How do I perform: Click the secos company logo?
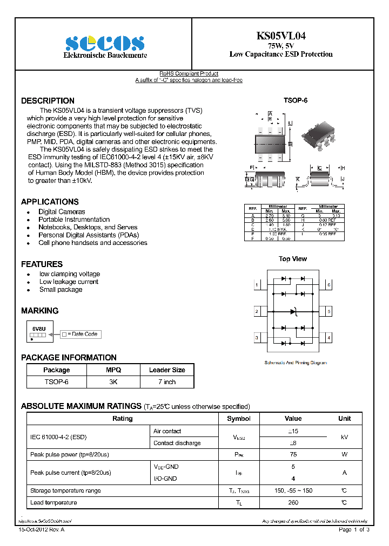click(x=105, y=43)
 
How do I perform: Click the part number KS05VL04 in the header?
click(x=280, y=36)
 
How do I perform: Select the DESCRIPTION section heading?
click(x=48, y=101)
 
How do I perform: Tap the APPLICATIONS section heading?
click(x=50, y=202)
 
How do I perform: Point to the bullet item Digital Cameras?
click(x=62, y=212)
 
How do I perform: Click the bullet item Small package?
click(x=61, y=290)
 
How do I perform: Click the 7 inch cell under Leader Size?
click(x=166, y=382)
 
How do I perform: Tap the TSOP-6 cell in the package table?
click(x=56, y=382)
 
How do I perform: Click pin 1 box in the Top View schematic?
click(x=257, y=284)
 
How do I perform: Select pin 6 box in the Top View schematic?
click(x=328, y=284)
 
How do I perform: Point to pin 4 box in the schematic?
click(x=328, y=338)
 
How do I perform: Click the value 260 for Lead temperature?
click(x=293, y=503)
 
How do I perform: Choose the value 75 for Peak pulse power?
click(x=293, y=455)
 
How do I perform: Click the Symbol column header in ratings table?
click(x=239, y=419)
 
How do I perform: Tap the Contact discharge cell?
click(x=177, y=443)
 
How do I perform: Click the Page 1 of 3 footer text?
click(x=354, y=530)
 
